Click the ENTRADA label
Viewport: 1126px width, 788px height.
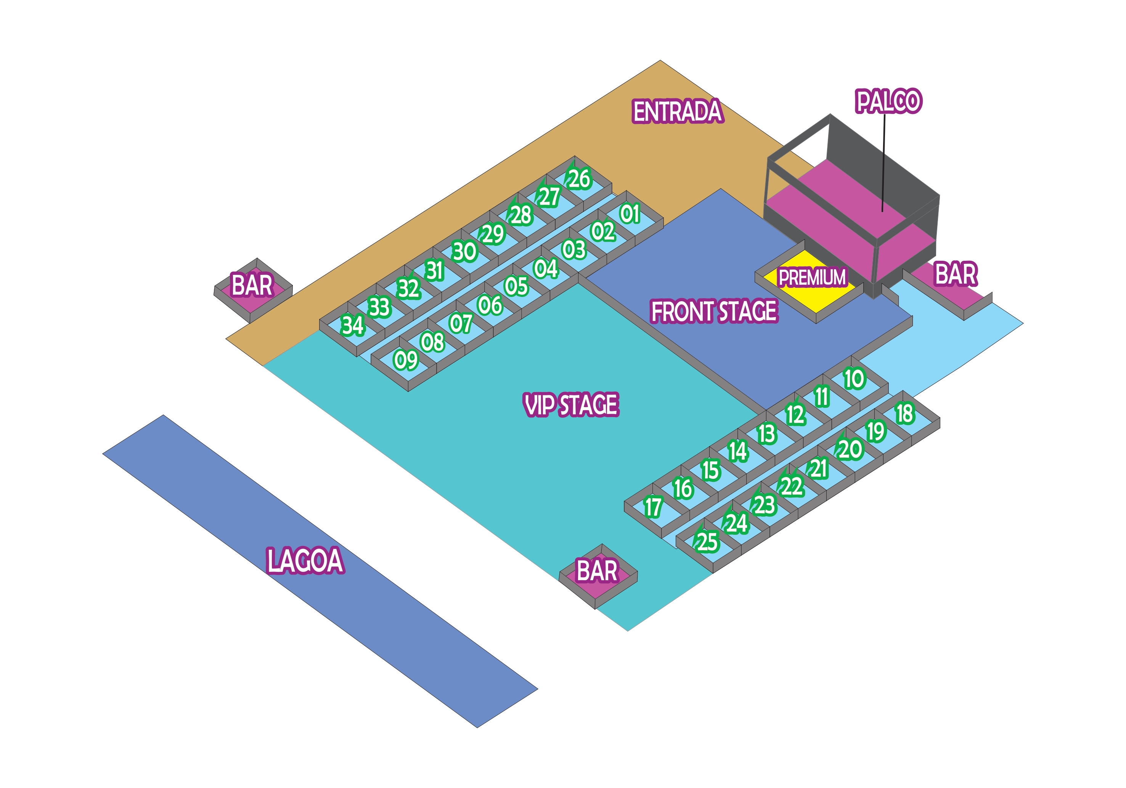(677, 111)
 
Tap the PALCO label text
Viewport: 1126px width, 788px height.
(888, 101)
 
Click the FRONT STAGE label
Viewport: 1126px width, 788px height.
(713, 311)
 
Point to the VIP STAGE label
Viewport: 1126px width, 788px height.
(571, 405)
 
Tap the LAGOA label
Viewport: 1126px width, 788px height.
(305, 560)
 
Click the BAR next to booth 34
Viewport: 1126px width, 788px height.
(252, 286)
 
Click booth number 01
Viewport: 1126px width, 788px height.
(630, 214)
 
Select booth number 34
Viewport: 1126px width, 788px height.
(353, 326)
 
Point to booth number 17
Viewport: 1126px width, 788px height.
(653, 507)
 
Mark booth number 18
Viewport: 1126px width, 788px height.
(905, 413)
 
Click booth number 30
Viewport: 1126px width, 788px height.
(464, 252)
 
